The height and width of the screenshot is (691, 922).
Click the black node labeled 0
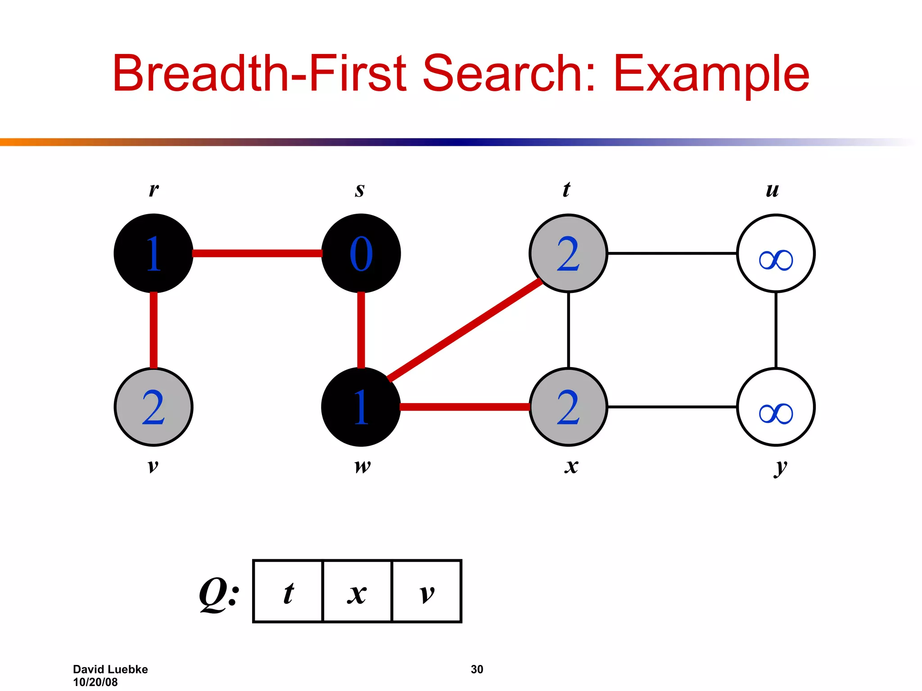tap(361, 253)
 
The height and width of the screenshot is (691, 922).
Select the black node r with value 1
tap(154, 253)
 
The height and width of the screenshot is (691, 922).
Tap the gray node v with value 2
tap(154, 407)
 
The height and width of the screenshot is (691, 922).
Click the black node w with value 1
tap(361, 407)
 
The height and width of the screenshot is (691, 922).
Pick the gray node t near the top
tap(568, 253)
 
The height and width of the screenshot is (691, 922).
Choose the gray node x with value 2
tap(568, 407)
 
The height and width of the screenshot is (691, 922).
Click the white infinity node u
tap(776, 253)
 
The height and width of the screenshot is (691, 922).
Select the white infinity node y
tap(776, 407)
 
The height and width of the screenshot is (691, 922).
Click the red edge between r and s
tap(257, 253)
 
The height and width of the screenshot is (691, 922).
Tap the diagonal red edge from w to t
tap(465, 330)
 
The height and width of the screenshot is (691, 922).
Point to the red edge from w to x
tap(465, 407)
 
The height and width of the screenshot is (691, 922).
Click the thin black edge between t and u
tap(672, 253)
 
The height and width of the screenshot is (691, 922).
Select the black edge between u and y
tap(776, 330)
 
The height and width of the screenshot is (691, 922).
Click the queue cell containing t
tap(288, 591)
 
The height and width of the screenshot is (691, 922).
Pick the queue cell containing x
tap(357, 591)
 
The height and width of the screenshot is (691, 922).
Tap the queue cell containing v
tap(427, 591)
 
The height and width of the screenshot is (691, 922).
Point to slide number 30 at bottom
tap(477, 669)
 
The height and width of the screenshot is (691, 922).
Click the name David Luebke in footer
tap(110, 669)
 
